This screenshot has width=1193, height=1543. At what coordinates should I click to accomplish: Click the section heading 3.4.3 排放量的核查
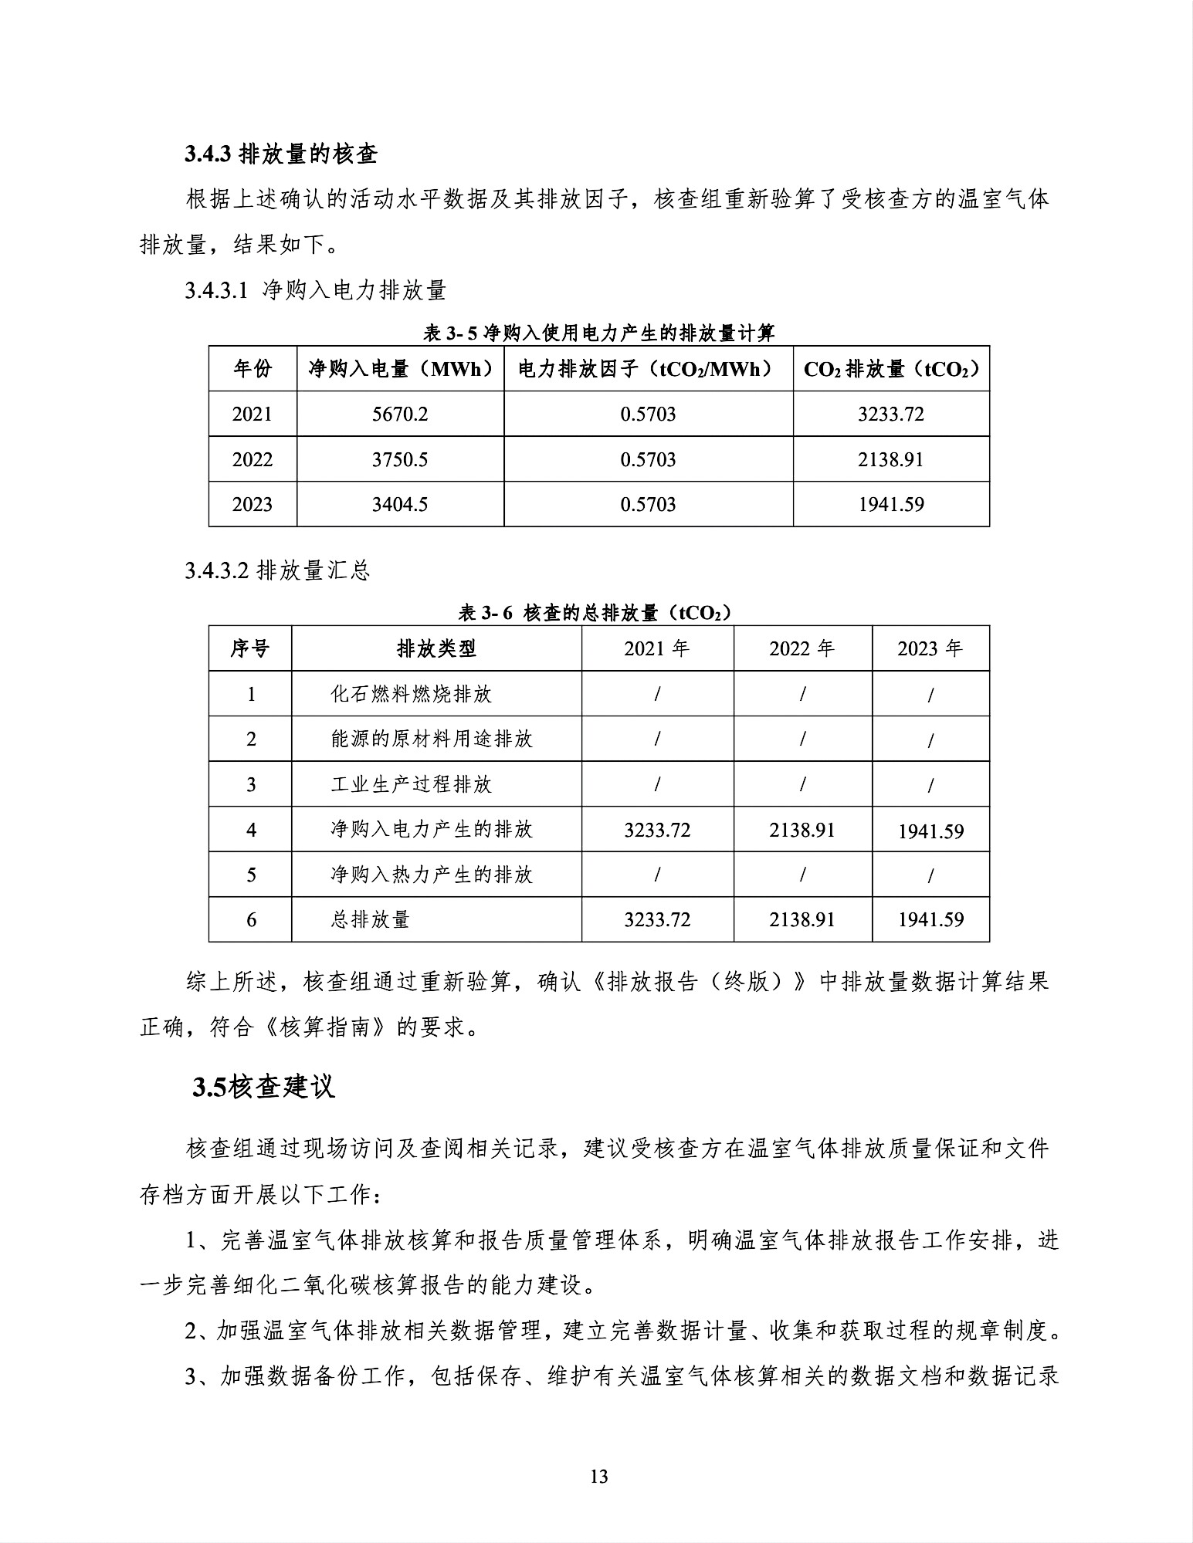[281, 154]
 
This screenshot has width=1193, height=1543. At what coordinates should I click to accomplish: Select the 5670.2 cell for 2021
[400, 415]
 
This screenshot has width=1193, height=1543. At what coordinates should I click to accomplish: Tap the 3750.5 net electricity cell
[400, 460]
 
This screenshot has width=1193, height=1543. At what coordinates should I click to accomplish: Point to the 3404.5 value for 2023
[400, 505]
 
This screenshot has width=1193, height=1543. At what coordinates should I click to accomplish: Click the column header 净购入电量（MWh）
[400, 369]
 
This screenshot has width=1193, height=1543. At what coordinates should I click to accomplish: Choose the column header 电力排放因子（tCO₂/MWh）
[648, 369]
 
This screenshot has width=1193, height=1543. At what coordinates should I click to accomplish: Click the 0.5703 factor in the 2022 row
[648, 460]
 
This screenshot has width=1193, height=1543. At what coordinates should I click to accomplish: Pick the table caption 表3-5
[598, 333]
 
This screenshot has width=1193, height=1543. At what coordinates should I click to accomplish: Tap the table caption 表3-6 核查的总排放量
[595, 613]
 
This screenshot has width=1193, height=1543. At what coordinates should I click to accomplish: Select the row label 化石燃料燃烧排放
[411, 694]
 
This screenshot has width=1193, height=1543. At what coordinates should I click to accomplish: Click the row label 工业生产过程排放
[411, 785]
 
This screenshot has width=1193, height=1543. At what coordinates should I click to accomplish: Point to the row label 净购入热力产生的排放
[431, 875]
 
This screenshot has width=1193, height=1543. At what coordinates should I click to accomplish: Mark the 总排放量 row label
[370, 920]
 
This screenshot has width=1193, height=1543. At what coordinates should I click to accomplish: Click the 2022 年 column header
[802, 648]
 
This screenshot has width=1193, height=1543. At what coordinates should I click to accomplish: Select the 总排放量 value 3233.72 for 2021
[657, 920]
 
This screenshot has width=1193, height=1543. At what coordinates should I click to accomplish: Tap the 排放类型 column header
[436, 648]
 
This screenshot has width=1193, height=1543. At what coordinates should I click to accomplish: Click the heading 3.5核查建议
[264, 1087]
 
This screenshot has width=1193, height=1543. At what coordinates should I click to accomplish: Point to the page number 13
[598, 1477]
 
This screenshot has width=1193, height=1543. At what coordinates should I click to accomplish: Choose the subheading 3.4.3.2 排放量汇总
[278, 570]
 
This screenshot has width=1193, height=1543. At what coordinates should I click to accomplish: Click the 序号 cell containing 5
[251, 875]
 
